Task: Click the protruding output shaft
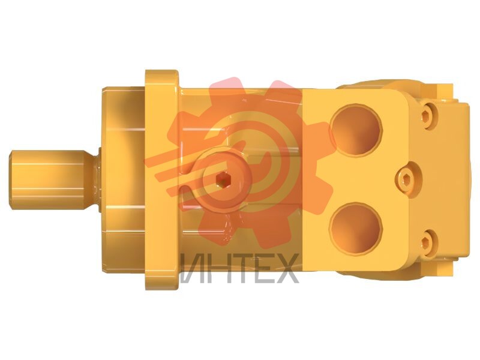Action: pyautogui.click(x=52, y=180)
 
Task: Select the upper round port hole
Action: pyautogui.click(x=356, y=130)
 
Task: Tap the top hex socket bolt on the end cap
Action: pyautogui.click(x=428, y=115)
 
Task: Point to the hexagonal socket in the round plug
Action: pyautogui.click(x=223, y=179)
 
